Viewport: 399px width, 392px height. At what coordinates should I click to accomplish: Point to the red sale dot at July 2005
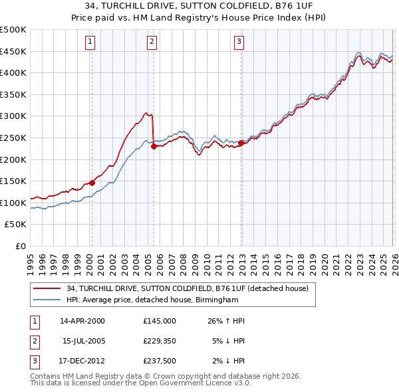pyautogui.click(x=154, y=147)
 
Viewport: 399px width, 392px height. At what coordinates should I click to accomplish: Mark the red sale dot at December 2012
pyautogui.click(x=241, y=143)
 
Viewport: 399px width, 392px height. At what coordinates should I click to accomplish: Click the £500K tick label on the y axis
pyautogui.click(x=13, y=30)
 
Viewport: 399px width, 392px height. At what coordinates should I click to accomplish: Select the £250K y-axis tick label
pyautogui.click(x=13, y=138)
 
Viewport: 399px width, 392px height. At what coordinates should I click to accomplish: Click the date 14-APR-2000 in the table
pyautogui.click(x=82, y=321)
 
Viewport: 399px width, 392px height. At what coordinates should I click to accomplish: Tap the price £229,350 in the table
pyautogui.click(x=160, y=341)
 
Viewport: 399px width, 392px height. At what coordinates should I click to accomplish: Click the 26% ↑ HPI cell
pyautogui.click(x=226, y=321)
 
